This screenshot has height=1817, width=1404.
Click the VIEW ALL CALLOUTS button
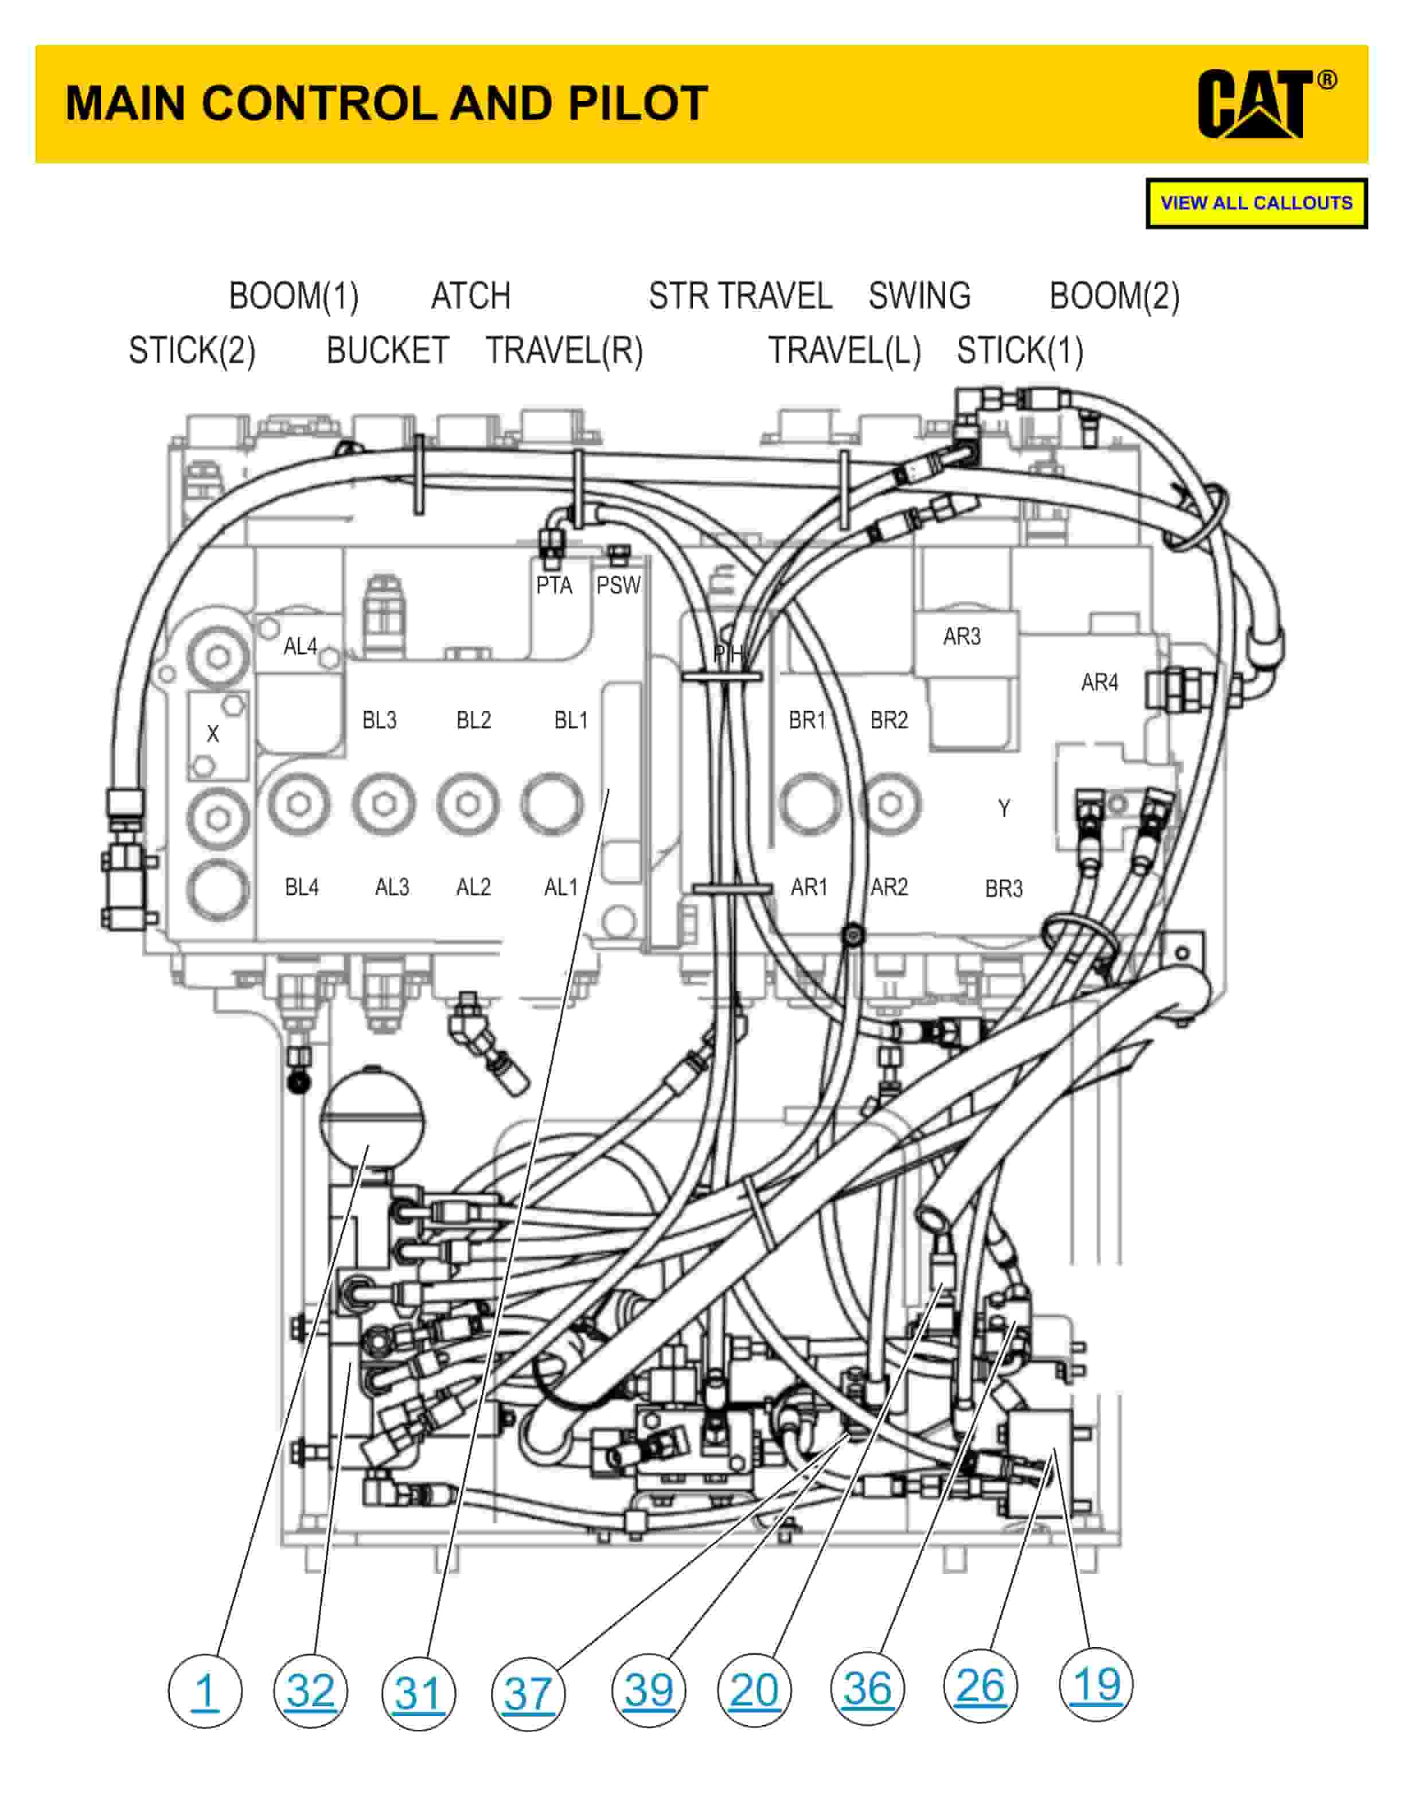1256,203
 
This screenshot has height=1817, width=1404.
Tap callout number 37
528,1694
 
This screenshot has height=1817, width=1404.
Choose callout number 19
1096,1685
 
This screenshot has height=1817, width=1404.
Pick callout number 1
205,1691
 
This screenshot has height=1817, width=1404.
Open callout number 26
981,1686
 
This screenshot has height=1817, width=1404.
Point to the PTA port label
554,586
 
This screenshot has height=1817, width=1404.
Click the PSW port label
618,586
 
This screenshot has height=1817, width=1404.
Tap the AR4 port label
1099,683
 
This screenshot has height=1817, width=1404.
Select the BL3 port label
379,720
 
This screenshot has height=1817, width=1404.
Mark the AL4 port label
301,646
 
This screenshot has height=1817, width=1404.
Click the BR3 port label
1004,888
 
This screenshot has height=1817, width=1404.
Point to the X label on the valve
213,733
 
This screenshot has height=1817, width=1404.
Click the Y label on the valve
1004,808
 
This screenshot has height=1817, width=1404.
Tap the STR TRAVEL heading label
740,296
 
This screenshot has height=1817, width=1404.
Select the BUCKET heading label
388,350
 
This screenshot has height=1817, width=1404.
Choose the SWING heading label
920,296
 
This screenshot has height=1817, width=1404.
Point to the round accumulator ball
372,1117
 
